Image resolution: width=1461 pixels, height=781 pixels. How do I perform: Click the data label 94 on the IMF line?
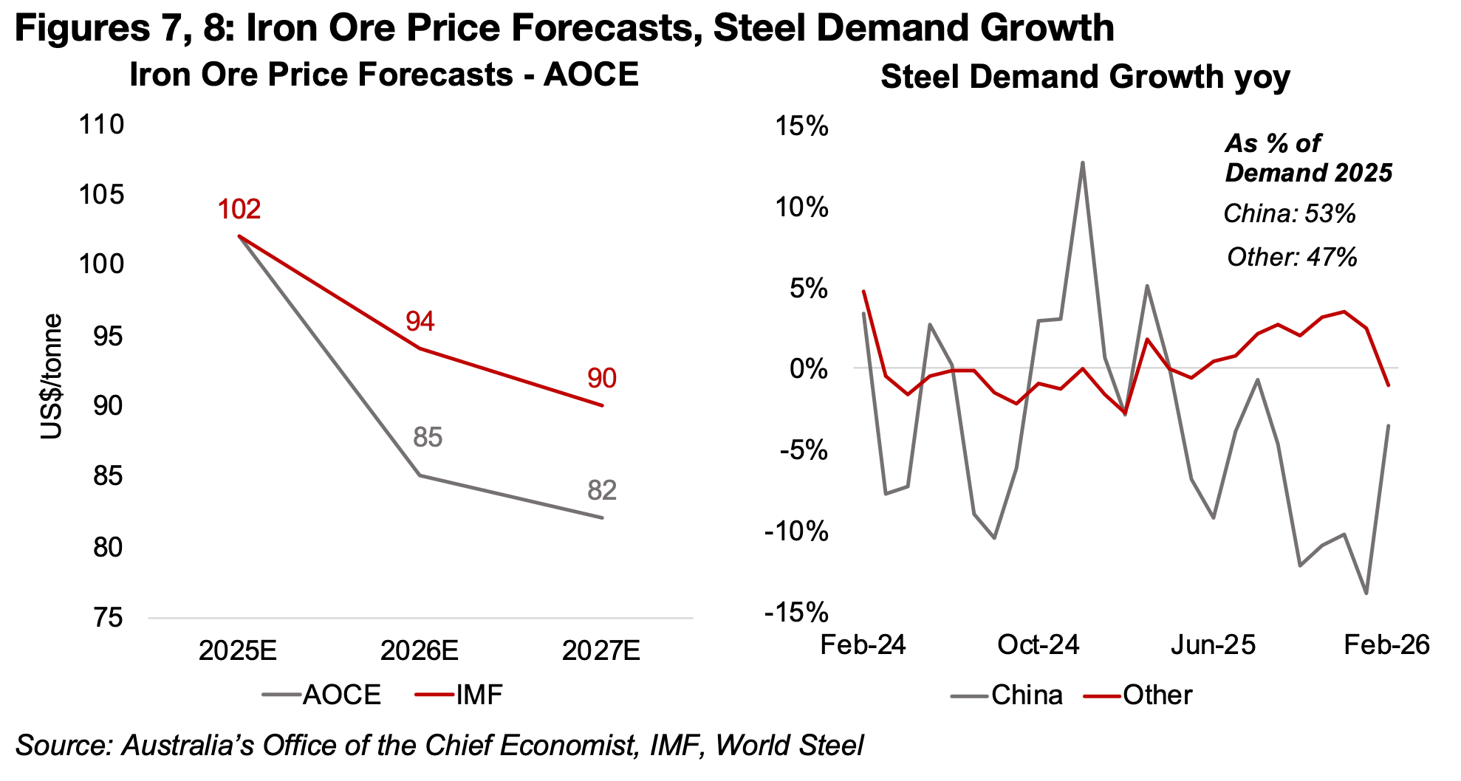[420, 321]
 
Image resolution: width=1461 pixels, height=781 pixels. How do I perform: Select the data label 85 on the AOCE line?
[428, 437]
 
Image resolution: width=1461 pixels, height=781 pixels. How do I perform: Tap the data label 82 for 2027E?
[602, 490]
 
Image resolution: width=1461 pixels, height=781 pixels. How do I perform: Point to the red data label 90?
[602, 378]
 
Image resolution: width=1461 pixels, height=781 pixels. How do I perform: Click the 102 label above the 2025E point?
[239, 210]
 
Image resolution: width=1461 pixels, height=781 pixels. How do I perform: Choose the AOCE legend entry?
[322, 695]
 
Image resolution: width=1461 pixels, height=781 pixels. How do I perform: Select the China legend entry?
[1007, 695]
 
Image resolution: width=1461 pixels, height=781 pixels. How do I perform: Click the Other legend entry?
[1139, 695]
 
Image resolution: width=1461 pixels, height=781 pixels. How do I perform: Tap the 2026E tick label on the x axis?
[420, 650]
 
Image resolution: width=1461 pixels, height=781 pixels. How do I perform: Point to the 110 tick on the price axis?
[101, 124]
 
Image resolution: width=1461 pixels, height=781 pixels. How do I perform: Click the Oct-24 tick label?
[1038, 644]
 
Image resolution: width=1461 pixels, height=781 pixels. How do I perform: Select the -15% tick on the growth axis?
[796, 612]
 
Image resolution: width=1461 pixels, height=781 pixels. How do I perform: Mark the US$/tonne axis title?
[52, 376]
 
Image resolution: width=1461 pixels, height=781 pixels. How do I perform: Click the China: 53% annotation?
[1290, 214]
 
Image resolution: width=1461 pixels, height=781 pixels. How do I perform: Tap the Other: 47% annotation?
[1292, 257]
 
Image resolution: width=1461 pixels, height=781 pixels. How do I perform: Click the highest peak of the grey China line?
[1083, 162]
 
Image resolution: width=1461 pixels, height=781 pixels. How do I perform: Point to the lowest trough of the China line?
[1366, 594]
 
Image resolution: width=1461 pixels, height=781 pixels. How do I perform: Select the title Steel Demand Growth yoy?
[1085, 77]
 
